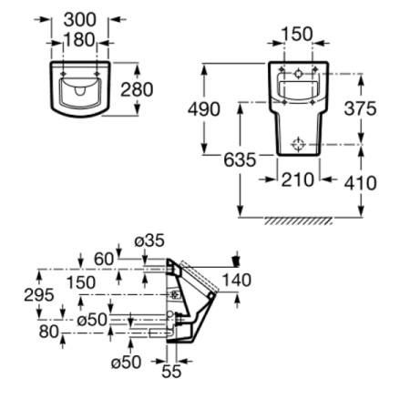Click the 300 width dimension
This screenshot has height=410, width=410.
click(79, 20)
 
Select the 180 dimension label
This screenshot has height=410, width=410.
click(79, 40)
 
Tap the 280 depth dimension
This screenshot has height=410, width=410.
click(137, 89)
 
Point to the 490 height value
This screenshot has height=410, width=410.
click(204, 109)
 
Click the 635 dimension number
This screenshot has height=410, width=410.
click(240, 159)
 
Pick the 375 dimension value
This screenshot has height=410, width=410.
click(360, 108)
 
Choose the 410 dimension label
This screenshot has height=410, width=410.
click(360, 183)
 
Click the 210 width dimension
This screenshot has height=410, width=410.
click(298, 179)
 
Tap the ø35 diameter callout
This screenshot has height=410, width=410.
click(149, 241)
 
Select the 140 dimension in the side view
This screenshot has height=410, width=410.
click(237, 280)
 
